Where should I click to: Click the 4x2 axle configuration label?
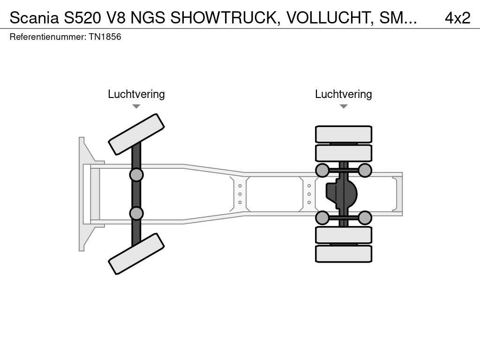pos(457,18)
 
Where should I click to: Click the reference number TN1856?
pos(105,37)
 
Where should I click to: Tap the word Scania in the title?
pos(33,18)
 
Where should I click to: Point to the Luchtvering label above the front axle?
pos(136,94)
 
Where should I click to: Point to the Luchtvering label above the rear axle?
pos(344,94)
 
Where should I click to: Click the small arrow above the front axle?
pos(136,106)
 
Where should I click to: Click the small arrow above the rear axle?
pos(344,106)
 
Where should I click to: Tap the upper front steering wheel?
pos(136,134)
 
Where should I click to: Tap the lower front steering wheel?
pos(136,254)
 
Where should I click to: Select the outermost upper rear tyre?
pos(344,134)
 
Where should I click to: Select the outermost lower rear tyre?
pos(344,254)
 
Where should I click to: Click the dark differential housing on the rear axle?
pos(341,194)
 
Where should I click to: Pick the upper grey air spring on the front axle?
pos(136,175)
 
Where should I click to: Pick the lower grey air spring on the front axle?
pos(136,213)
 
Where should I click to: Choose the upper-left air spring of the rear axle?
pos(322,170)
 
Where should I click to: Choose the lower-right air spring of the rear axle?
pos(365,217)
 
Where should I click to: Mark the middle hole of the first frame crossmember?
pos(240,194)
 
